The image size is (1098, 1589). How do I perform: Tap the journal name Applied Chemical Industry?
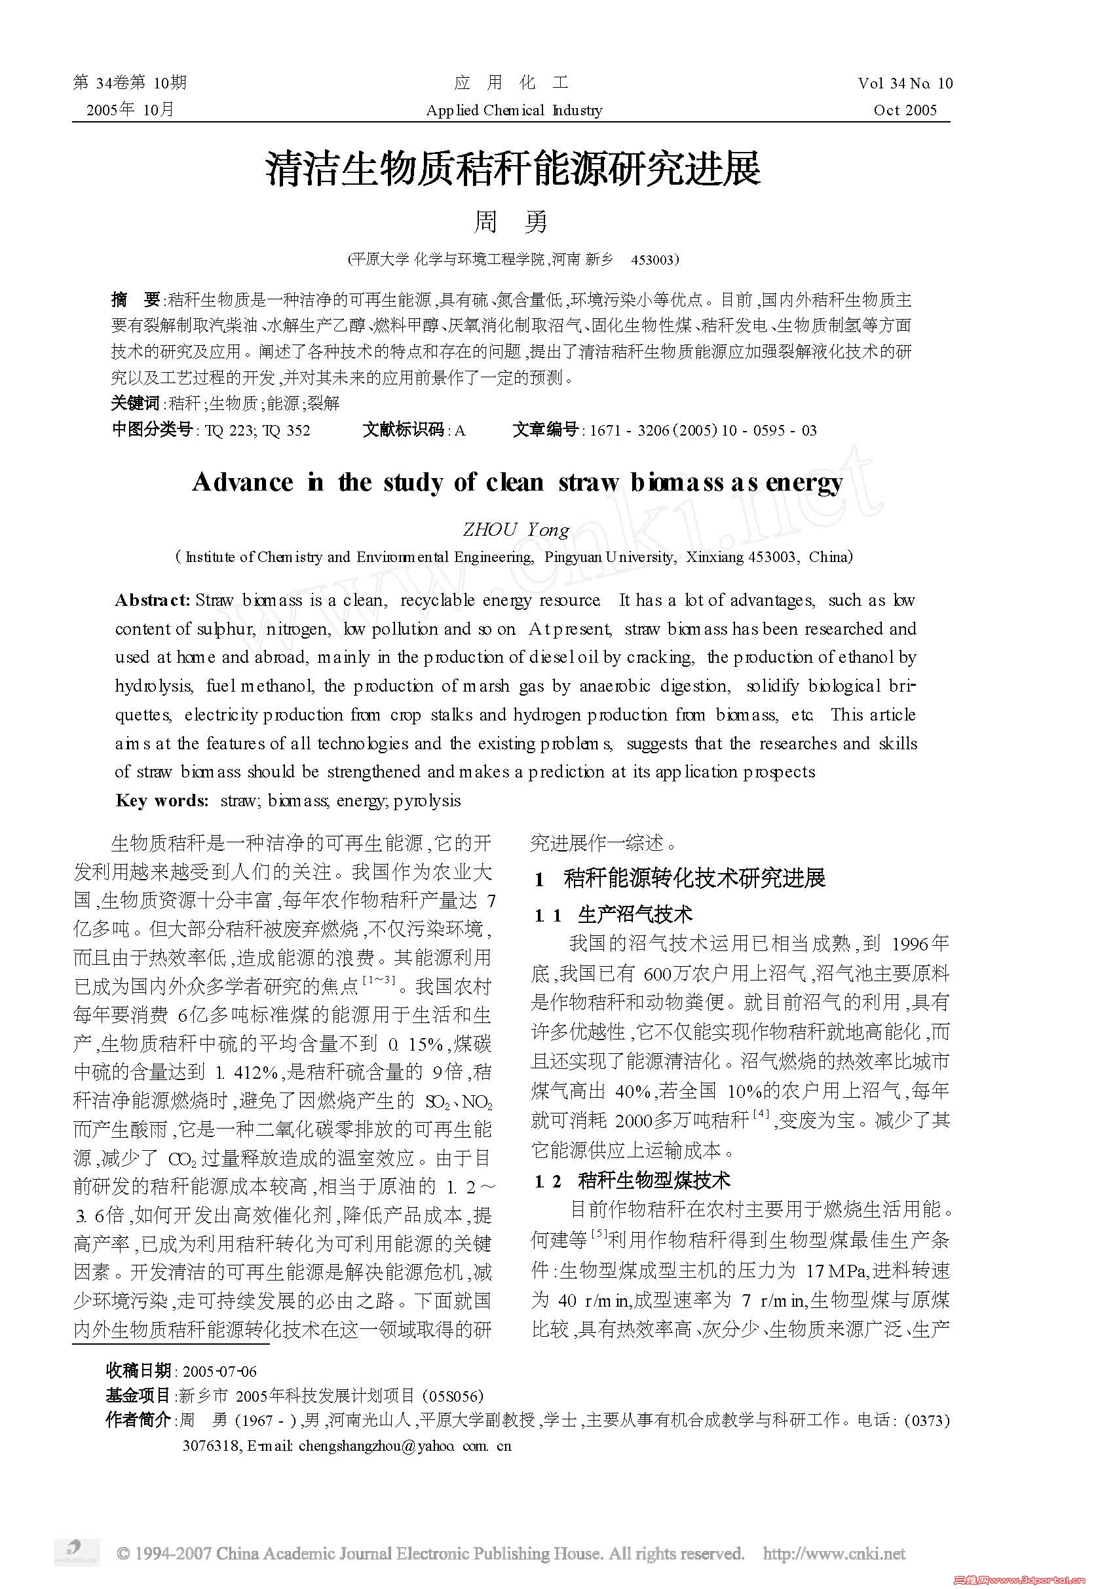(514, 111)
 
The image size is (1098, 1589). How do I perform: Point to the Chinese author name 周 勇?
(510, 221)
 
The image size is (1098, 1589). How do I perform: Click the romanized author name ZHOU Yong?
(516, 530)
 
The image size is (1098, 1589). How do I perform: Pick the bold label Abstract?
(152, 600)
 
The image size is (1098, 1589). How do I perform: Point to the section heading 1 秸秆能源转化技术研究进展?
(681, 878)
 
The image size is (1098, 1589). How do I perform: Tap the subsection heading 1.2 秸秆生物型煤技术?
(632, 1181)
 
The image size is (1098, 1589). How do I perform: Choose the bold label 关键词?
(135, 403)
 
